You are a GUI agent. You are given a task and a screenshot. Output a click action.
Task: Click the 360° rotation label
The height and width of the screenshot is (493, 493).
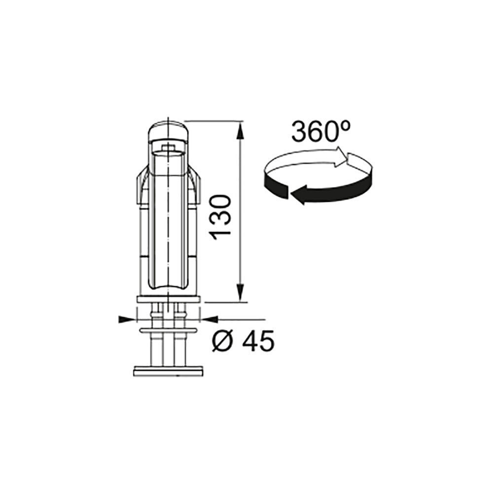pyautogui.click(x=321, y=132)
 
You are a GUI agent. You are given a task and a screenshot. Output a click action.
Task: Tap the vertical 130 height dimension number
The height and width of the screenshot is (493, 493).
pyautogui.click(x=221, y=217)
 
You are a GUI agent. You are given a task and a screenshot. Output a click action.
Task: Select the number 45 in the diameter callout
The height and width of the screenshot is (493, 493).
pyautogui.click(x=258, y=341)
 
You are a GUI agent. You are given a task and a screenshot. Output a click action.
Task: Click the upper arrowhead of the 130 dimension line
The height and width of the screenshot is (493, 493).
pyautogui.click(x=240, y=131)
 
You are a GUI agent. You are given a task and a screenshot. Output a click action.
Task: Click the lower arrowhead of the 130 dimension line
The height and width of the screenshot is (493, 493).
pyautogui.click(x=240, y=292)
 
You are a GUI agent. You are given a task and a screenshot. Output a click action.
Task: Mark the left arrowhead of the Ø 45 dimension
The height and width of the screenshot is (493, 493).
pyautogui.click(x=128, y=319)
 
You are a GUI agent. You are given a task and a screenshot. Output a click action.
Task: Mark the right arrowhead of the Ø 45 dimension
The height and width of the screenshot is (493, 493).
pyautogui.click(x=210, y=319)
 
